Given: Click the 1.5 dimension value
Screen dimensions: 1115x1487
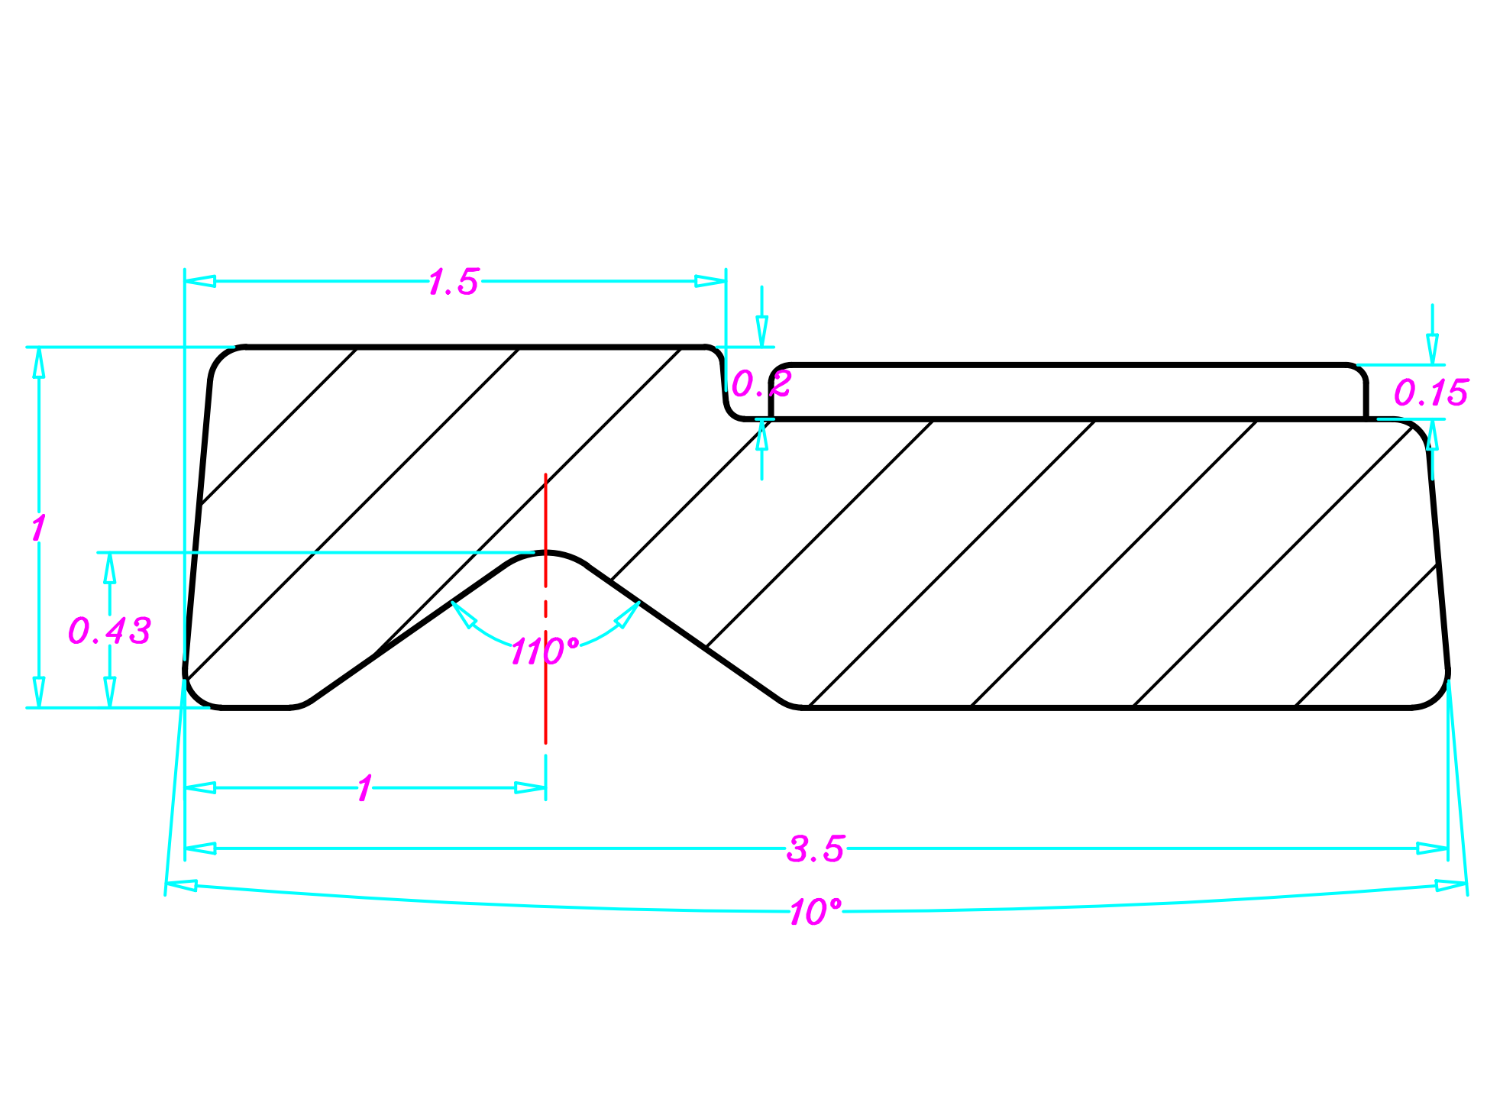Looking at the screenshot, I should [453, 282].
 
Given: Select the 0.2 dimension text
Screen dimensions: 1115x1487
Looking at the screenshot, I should [761, 384].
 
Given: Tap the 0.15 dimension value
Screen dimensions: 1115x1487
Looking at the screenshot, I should [1430, 393].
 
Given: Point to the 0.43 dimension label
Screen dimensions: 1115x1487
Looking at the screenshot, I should [109, 631].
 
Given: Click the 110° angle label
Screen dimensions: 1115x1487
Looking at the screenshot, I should [544, 651].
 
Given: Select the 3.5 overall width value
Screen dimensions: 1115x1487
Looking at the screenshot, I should [815, 849].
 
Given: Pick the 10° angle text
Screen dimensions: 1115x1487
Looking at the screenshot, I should [814, 912].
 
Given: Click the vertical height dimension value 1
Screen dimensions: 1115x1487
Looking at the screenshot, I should [38, 528].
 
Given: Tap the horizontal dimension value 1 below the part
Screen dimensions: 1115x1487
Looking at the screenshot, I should [364, 788].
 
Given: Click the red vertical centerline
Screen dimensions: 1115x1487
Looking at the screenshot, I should [545, 519].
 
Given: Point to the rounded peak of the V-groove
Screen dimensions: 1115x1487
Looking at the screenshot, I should [545, 552].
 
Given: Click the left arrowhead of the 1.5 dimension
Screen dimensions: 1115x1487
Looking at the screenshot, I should [200, 281].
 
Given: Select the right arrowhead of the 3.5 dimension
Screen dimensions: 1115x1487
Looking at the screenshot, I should [1432, 848].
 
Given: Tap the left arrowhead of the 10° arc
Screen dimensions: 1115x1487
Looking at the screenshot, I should [182, 885].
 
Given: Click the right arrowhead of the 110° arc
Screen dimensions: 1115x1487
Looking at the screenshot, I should [629, 614].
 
